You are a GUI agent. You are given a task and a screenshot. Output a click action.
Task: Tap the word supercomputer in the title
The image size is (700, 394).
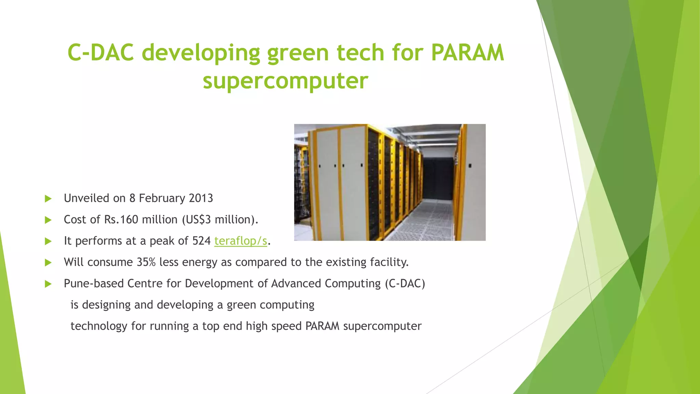285,81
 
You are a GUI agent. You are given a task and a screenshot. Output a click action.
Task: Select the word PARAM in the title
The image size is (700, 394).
467,53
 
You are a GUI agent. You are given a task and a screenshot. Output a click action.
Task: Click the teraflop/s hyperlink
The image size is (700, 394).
240,241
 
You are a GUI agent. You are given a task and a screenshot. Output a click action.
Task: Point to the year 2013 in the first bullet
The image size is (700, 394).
201,198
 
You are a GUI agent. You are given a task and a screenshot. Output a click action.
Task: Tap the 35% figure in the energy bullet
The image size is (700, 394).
146,262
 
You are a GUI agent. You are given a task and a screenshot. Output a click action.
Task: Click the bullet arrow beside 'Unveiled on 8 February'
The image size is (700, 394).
48,199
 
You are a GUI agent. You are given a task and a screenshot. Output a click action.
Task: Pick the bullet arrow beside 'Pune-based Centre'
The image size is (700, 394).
48,284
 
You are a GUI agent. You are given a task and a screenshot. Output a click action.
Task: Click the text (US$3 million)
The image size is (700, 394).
220,220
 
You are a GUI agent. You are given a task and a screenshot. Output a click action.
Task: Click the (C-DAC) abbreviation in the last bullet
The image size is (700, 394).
405,284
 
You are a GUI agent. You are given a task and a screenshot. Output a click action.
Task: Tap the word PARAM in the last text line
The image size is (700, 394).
322,326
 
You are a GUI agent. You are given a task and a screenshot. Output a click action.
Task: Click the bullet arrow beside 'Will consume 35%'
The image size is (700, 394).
48,263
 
